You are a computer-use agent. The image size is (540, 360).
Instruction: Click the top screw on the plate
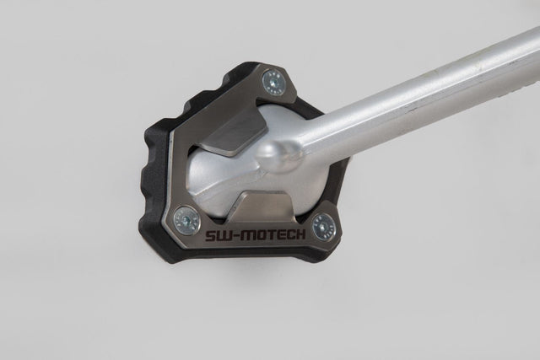click(273, 82)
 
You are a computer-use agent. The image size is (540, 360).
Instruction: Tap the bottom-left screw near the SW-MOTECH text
click(186, 221)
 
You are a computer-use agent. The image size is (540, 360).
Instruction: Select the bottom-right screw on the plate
click(323, 226)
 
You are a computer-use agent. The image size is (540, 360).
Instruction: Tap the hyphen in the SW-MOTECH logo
click(230, 231)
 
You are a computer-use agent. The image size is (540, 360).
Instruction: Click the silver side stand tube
click(422, 93)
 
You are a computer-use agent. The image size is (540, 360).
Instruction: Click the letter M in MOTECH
click(241, 232)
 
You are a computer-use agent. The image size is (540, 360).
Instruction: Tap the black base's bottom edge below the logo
click(253, 256)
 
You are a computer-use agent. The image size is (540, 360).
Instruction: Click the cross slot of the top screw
click(273, 82)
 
